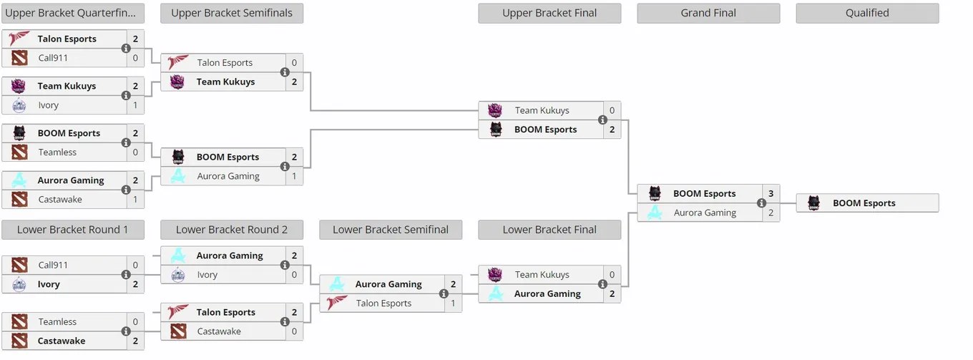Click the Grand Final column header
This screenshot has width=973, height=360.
pos(708,13)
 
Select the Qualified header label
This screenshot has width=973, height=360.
pos(867,13)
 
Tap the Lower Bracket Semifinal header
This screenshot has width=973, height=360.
pos(391,230)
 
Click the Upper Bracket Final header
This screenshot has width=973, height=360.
pos(549,13)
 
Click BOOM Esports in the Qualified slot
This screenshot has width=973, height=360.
pos(864,203)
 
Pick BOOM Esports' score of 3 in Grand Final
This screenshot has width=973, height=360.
pos(771,193)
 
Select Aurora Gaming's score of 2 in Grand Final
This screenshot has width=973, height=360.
pos(771,213)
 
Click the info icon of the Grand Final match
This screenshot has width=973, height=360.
pos(761,203)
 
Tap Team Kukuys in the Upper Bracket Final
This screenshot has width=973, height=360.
pos(542,110)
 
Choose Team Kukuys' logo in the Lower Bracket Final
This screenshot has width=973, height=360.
pos(495,275)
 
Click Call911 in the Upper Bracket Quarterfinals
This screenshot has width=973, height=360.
pos(52,58)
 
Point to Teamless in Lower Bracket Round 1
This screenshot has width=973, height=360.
pos(57,322)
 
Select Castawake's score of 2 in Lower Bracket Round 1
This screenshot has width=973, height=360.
pos(135,341)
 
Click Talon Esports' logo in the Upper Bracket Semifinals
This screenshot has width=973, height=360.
pos(177,62)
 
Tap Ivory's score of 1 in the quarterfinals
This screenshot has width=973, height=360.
pos(135,105)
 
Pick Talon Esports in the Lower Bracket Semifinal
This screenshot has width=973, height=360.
pos(383,303)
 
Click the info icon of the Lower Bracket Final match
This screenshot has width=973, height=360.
pos(602,284)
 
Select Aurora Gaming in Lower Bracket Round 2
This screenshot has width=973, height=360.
pos(230,256)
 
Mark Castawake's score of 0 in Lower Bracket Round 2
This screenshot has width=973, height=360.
pos(294,331)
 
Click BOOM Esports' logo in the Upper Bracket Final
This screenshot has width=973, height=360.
pos(496,130)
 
